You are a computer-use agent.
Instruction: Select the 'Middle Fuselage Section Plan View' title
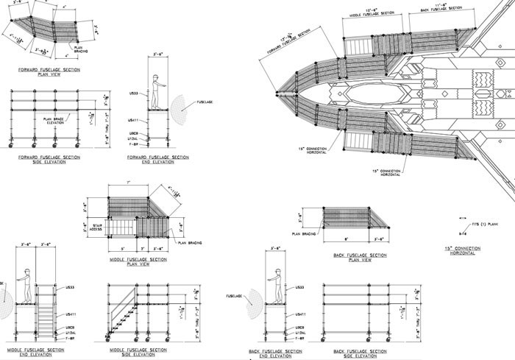[x=138, y=261]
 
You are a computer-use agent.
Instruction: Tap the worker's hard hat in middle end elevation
[x=26, y=272]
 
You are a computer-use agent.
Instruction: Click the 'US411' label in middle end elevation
[x=72, y=314]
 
